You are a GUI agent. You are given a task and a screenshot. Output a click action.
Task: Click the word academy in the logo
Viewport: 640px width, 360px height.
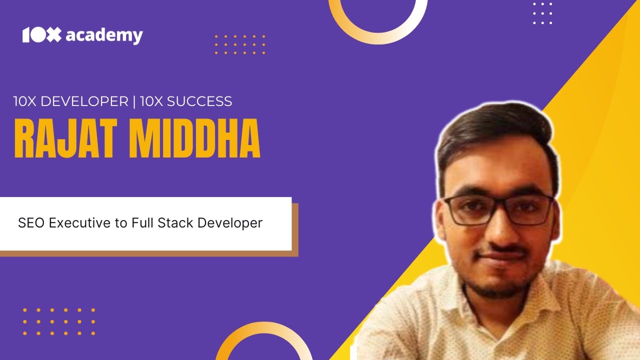tap(104, 35)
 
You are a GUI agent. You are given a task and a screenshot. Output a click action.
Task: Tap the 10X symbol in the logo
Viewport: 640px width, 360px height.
tap(41, 35)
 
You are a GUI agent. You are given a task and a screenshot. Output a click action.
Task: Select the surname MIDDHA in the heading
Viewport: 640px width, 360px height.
tap(195, 139)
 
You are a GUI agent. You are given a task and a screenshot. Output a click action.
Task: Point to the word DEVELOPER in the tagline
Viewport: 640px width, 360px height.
tap(84, 101)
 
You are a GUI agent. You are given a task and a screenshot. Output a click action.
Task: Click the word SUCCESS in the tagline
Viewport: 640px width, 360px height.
tap(199, 101)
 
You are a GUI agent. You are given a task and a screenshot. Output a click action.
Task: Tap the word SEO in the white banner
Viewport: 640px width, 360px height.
tap(30, 223)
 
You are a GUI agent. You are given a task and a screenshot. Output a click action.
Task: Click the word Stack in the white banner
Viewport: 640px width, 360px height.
tap(175, 223)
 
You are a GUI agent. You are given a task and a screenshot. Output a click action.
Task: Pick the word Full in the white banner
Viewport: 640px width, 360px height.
tap(142, 223)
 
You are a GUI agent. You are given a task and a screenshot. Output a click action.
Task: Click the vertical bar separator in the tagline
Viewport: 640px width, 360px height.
tap(134, 101)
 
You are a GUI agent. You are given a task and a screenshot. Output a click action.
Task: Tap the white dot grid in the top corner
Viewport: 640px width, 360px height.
tap(542, 13)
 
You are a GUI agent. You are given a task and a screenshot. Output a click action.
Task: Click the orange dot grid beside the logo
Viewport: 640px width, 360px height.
tap(240, 44)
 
